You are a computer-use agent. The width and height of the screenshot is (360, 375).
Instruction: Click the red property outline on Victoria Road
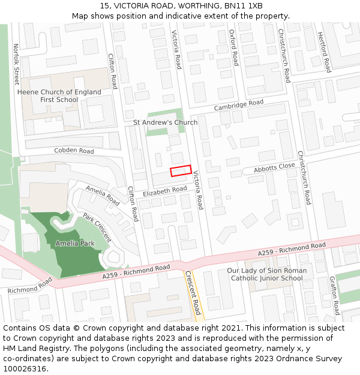click(x=181, y=171)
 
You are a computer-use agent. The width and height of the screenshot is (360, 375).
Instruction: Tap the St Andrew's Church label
click(x=165, y=122)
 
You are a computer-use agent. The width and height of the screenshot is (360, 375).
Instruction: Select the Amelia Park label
click(x=75, y=244)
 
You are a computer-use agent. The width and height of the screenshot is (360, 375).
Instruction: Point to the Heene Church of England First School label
click(x=59, y=96)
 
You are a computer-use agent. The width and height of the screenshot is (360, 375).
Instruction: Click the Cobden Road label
click(x=74, y=151)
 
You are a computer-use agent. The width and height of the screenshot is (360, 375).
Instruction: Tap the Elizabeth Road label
click(x=165, y=190)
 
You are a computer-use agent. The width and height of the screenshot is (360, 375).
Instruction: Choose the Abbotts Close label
click(x=274, y=168)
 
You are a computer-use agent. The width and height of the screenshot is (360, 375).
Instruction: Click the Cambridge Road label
click(x=239, y=106)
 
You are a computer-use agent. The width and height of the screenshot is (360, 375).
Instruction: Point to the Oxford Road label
click(x=234, y=48)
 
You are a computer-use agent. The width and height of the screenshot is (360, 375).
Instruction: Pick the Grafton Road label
click(x=334, y=296)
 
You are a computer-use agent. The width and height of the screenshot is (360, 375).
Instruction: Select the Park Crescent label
click(x=97, y=227)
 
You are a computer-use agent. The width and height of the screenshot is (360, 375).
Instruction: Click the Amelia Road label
click(x=103, y=194)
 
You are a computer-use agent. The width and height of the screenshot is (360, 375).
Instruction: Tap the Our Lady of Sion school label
click(x=267, y=274)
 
